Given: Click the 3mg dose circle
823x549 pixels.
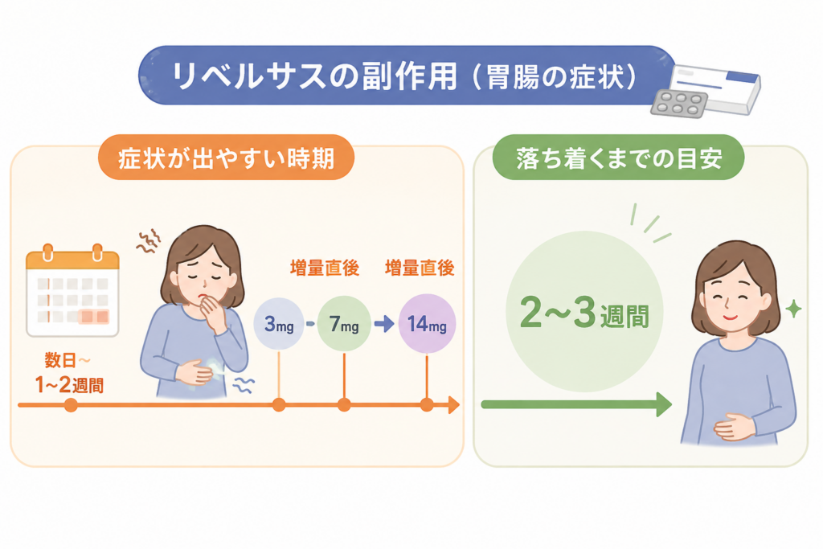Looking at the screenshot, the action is (279, 324).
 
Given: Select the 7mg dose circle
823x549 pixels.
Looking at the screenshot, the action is (344, 324).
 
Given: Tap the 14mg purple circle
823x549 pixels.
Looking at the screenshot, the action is (427, 324).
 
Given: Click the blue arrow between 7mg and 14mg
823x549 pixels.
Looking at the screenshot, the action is (384, 324).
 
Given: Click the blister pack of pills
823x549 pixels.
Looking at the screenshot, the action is (679, 104).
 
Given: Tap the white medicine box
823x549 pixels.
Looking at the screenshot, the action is (717, 88).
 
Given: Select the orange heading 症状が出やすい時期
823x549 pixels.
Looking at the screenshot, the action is (226, 158).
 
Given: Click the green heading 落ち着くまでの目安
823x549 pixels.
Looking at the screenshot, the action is (618, 158).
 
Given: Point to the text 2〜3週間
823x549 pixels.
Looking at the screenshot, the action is (584, 313).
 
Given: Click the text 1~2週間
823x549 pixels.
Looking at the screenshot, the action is (69, 385).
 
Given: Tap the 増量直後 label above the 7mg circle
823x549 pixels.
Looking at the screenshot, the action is (325, 268).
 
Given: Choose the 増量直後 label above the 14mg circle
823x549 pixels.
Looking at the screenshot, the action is (420, 268).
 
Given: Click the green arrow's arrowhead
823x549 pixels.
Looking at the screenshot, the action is (665, 404).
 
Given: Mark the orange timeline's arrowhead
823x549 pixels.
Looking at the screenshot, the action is (454, 405).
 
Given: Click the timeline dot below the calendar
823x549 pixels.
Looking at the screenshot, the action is (71, 405).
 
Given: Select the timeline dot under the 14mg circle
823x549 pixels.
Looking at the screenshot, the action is (427, 405).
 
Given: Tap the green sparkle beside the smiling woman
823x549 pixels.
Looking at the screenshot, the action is (793, 309).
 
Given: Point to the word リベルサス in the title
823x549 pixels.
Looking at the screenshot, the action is (251, 77).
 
